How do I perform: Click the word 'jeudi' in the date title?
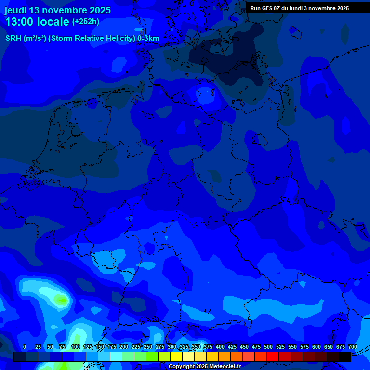point(15,11)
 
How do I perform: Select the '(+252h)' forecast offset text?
point(86,22)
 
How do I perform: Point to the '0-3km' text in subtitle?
point(148,39)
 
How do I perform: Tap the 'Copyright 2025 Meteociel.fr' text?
point(204,367)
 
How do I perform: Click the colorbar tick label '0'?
point(25,347)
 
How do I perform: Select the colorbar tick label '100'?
point(76,347)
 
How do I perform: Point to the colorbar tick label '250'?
point(148,347)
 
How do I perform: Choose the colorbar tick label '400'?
point(220,347)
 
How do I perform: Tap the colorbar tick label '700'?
point(353,347)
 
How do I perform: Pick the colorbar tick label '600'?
point(317,347)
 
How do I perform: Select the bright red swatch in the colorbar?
point(273,357)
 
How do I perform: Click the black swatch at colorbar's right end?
point(345,357)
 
